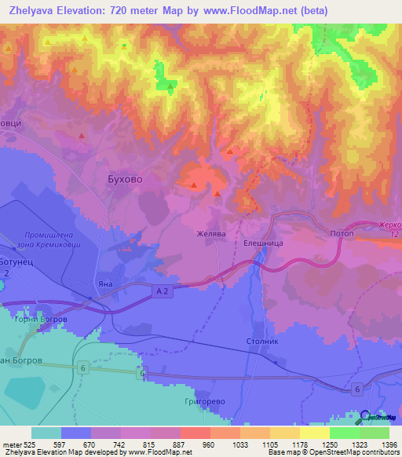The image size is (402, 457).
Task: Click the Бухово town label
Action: pyautogui.click(x=124, y=179)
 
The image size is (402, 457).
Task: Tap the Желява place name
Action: pyautogui.click(x=210, y=233)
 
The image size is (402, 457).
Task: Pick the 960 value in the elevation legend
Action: pyautogui.click(x=209, y=444)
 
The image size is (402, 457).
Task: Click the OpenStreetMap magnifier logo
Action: pyautogui.click(x=367, y=417)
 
